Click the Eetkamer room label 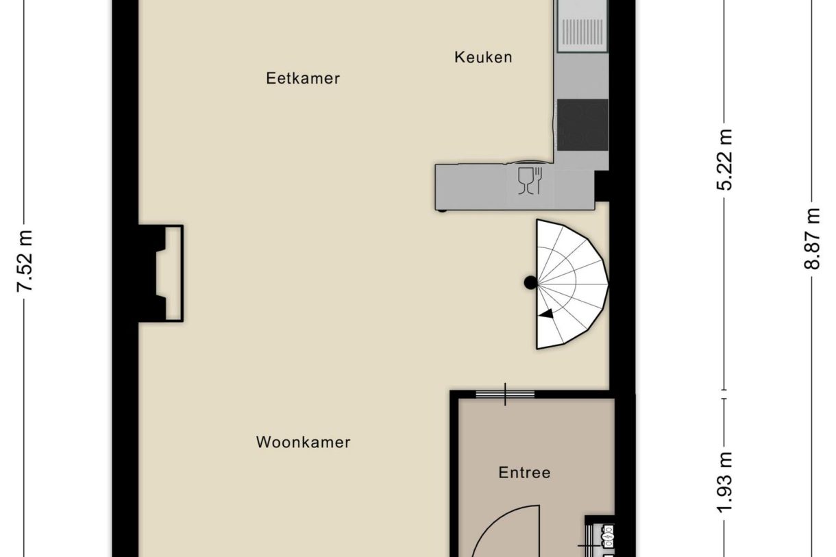point(303,78)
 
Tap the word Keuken point(483,58)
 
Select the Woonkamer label point(303,442)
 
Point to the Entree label point(524,473)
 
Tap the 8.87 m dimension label point(812,239)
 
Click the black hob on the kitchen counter point(582,124)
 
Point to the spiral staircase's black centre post point(530,282)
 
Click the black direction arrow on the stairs point(546,314)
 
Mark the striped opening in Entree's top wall point(505,394)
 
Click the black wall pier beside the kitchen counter point(602,186)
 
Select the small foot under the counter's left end point(443,210)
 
